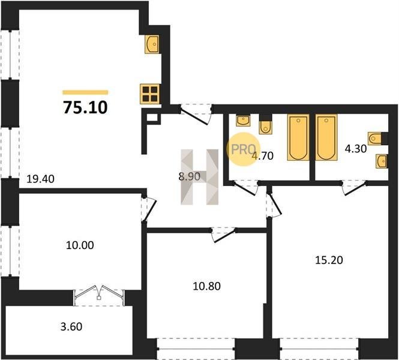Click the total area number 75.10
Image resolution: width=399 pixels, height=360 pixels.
click(x=85, y=107)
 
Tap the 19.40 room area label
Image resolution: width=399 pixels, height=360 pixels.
click(x=40, y=179)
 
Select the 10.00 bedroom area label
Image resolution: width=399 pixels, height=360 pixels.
click(x=80, y=245)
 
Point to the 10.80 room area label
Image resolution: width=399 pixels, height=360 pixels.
click(x=206, y=286)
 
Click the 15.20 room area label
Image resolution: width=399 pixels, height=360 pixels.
click(x=329, y=260)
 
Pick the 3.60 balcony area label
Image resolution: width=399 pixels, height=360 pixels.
click(x=71, y=326)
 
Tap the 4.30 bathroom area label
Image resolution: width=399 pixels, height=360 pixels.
click(x=355, y=149)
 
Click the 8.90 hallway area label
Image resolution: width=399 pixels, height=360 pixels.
click(x=190, y=176)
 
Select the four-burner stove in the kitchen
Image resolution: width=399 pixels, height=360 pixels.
click(x=150, y=94)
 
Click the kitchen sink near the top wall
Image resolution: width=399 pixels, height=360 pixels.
click(x=152, y=44)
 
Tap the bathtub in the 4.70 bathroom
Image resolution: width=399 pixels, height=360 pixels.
click(x=298, y=137)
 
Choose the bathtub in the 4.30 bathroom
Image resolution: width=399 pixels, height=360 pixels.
click(x=326, y=137)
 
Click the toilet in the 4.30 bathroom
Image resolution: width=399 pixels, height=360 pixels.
click(x=374, y=139)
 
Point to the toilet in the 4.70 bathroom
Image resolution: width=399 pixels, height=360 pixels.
click(x=265, y=128)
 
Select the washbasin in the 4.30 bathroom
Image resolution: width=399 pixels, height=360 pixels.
click(x=381, y=161)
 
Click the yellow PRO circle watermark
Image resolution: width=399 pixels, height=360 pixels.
click(x=243, y=149)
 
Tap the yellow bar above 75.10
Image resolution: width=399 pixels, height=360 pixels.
click(x=85, y=92)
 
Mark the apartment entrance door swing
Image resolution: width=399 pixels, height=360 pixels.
click(x=196, y=116)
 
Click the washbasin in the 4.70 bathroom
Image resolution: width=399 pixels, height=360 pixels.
click(x=243, y=121)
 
